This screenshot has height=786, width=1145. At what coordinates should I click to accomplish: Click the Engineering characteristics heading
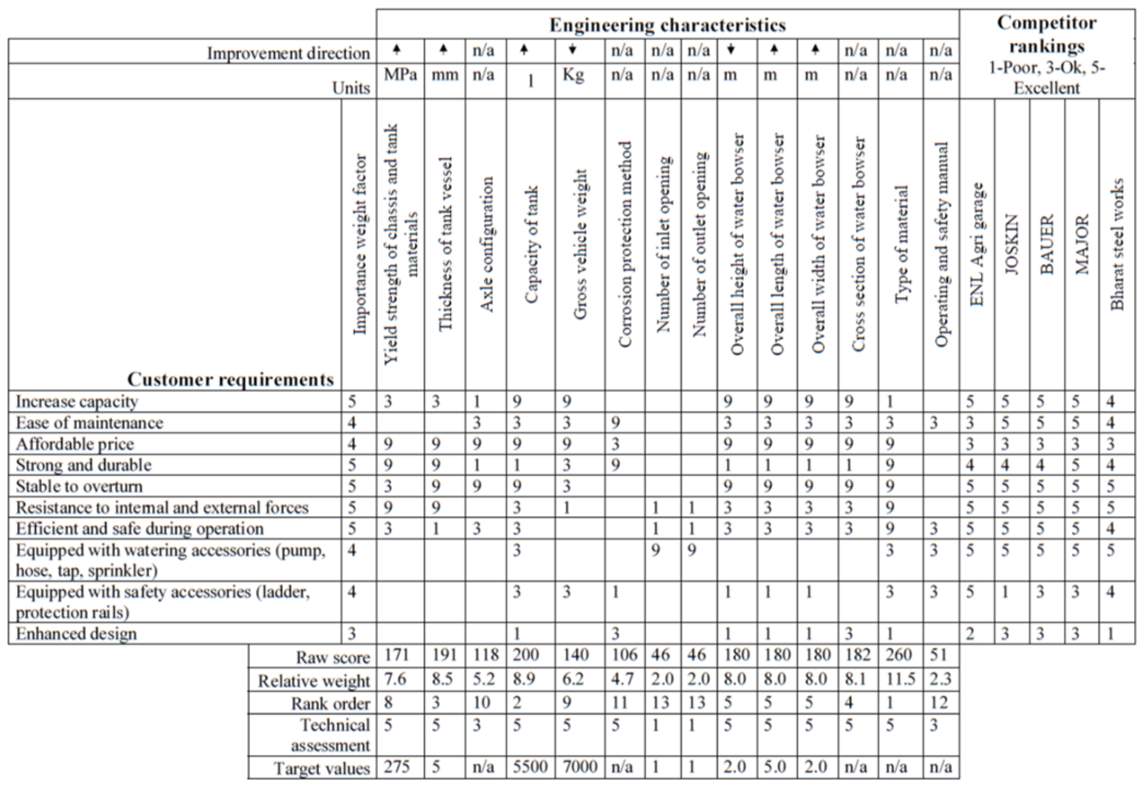[667, 25]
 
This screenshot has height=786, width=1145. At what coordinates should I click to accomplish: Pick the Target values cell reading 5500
[530, 767]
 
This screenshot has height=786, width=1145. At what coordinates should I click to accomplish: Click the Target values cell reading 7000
[579, 767]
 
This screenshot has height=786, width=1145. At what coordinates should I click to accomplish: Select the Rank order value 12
[939, 702]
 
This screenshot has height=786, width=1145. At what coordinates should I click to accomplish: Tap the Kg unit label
[573, 74]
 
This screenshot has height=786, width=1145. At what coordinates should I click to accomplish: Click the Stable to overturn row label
[79, 486]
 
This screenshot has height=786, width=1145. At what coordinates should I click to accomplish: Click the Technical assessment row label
[330, 735]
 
